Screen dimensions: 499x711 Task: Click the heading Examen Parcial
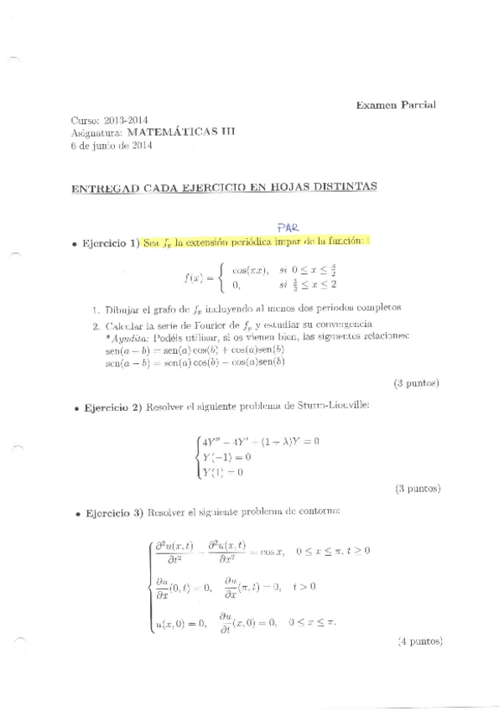(x=395, y=105)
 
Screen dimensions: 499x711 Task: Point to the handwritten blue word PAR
(x=288, y=226)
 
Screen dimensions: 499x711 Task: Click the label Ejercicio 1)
(x=111, y=244)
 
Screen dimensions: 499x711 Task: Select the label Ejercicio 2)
(x=111, y=407)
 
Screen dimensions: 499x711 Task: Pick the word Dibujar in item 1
(x=121, y=307)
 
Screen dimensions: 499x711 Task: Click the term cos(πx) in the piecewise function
(x=250, y=270)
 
